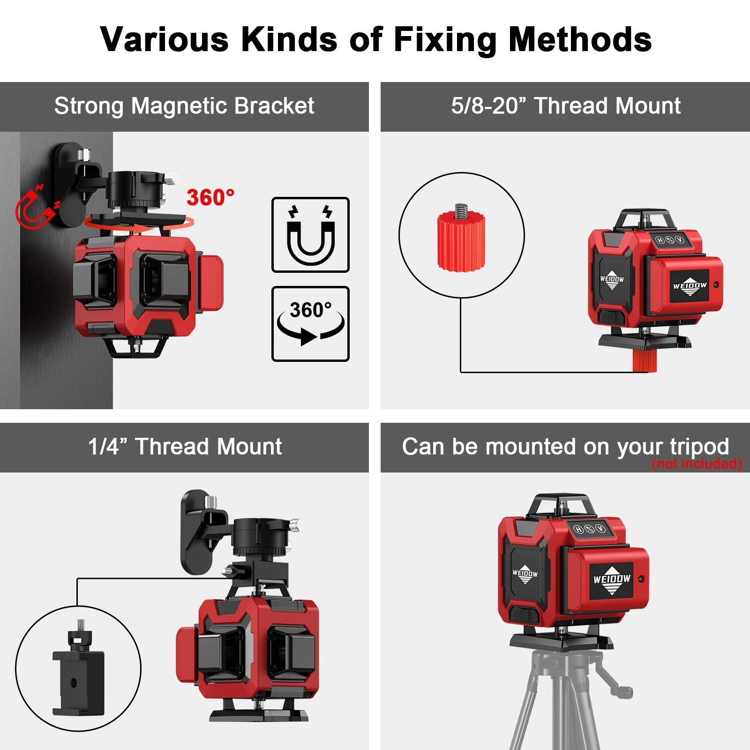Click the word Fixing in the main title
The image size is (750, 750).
coord(445,40)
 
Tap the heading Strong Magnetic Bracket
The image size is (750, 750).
coord(184,106)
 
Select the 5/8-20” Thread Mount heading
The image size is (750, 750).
coord(566,106)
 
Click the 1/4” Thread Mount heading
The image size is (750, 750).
coord(185,446)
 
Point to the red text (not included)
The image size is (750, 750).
coord(697,464)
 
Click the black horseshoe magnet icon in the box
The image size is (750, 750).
coord(310,235)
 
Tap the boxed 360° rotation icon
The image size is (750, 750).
coord(310,323)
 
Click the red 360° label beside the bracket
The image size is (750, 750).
coord(210,197)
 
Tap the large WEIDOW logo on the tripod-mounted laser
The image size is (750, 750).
coord(612,580)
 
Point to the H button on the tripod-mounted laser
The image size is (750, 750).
coord(579,530)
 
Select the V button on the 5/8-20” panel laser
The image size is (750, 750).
coord(679,240)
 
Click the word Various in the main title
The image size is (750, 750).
coord(165,39)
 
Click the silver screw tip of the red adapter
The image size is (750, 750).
coord(461,211)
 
